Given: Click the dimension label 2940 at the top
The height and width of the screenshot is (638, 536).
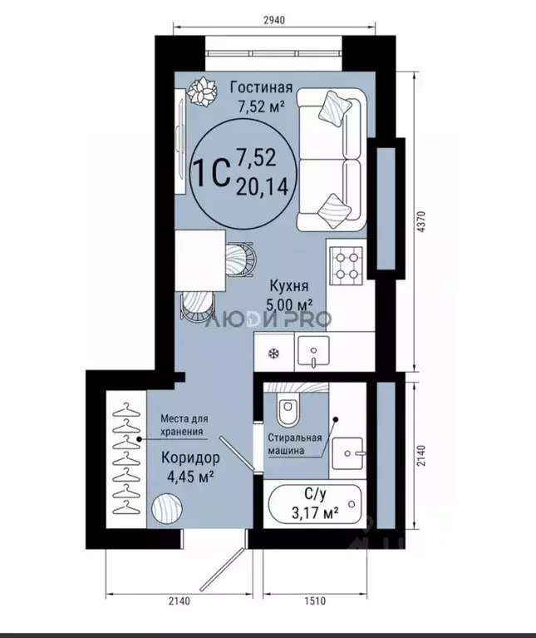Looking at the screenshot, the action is (x=274, y=20).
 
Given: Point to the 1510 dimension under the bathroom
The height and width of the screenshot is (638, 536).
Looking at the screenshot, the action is (x=314, y=601).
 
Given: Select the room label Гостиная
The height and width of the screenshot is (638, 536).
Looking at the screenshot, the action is (x=261, y=87).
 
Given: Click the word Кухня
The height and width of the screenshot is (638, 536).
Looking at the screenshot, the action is (x=289, y=286).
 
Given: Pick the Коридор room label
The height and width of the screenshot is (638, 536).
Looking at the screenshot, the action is (x=190, y=457).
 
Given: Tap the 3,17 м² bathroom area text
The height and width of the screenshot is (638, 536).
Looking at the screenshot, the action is (x=315, y=513).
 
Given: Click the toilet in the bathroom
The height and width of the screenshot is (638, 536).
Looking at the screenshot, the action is (x=288, y=409).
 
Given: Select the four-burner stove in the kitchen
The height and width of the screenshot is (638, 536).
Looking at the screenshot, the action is (x=347, y=265).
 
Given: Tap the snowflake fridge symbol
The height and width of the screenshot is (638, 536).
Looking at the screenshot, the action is (x=274, y=354).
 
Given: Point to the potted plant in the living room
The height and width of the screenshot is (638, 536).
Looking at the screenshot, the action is (x=203, y=91).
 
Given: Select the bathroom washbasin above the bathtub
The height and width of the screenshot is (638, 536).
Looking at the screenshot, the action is (x=347, y=453).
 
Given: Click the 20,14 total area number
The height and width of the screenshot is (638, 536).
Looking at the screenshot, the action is (x=263, y=187).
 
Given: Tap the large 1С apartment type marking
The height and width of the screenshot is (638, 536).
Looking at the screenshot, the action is (x=211, y=172).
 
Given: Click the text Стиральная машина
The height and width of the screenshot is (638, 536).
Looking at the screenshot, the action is (x=294, y=444).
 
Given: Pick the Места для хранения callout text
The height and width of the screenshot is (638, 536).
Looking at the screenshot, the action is (x=184, y=425).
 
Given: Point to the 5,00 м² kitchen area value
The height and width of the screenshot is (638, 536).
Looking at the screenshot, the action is (x=289, y=304).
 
